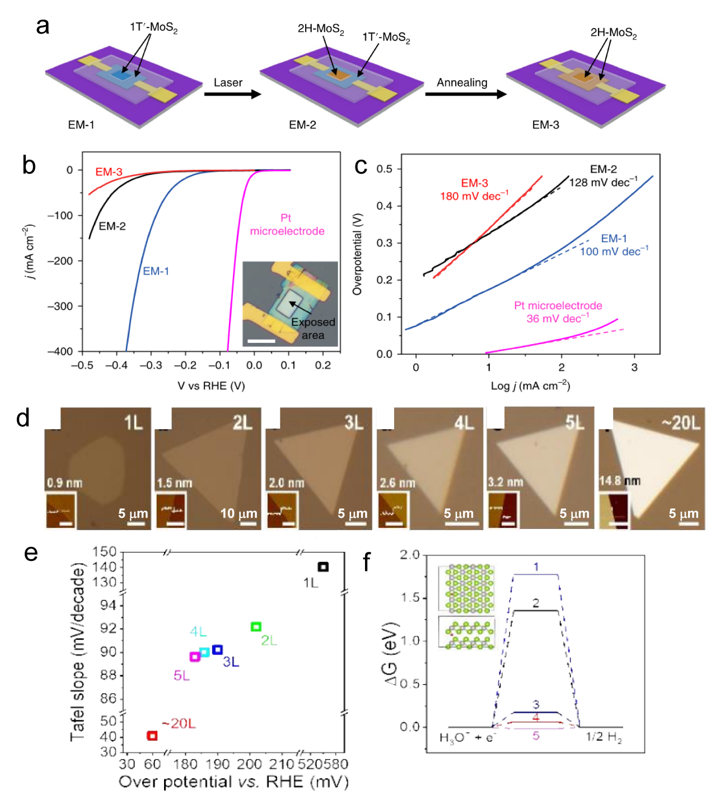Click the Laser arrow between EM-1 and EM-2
(x=232, y=94)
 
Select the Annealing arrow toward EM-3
(x=465, y=94)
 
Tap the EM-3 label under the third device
(x=545, y=125)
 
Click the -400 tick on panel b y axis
(x=60, y=351)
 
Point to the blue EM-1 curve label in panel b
(x=156, y=271)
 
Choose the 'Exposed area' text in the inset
(x=313, y=328)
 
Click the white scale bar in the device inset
(x=261, y=341)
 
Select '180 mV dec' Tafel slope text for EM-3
(x=474, y=196)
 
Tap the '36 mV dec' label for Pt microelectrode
(x=557, y=319)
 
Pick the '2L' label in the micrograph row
(x=242, y=422)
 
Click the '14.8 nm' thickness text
(x=620, y=481)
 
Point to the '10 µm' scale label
(x=238, y=513)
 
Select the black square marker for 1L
(x=323, y=567)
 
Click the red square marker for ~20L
(x=152, y=736)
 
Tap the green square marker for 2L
(x=256, y=627)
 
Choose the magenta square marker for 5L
(x=195, y=657)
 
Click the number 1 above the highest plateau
(x=536, y=567)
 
